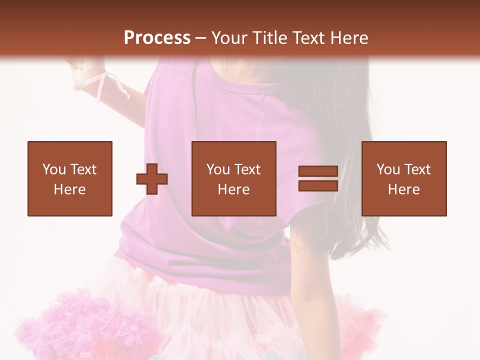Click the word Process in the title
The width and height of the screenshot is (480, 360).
tap(157, 38)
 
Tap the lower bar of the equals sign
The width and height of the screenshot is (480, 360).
tap(318, 185)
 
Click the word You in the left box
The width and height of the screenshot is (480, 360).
tap(54, 169)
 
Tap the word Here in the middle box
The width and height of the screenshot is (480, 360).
tap(234, 189)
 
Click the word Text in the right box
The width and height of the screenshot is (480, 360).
tap(417, 169)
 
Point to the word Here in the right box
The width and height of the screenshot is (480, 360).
tap(404, 189)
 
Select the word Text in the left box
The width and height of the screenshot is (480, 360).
tap(83, 169)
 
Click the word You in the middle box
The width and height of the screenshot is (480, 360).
tap(218, 169)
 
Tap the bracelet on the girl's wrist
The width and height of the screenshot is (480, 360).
tap(80, 85)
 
